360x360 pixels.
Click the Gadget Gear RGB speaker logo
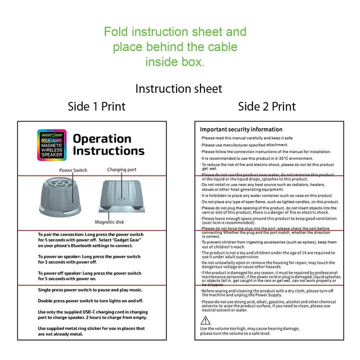[x=51, y=144]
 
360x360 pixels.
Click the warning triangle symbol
[x=205, y=320]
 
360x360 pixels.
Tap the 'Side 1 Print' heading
[x=96, y=106]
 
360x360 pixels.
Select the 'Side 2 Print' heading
[x=266, y=106]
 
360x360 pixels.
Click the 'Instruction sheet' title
[x=178, y=88]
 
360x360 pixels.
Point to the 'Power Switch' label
[x=73, y=170]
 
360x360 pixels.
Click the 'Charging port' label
[x=121, y=169]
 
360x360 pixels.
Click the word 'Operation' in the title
[x=102, y=138]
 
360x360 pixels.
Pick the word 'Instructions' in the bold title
[x=108, y=151]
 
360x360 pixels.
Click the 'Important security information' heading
[x=241, y=129]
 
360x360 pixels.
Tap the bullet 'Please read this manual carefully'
[x=247, y=138]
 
